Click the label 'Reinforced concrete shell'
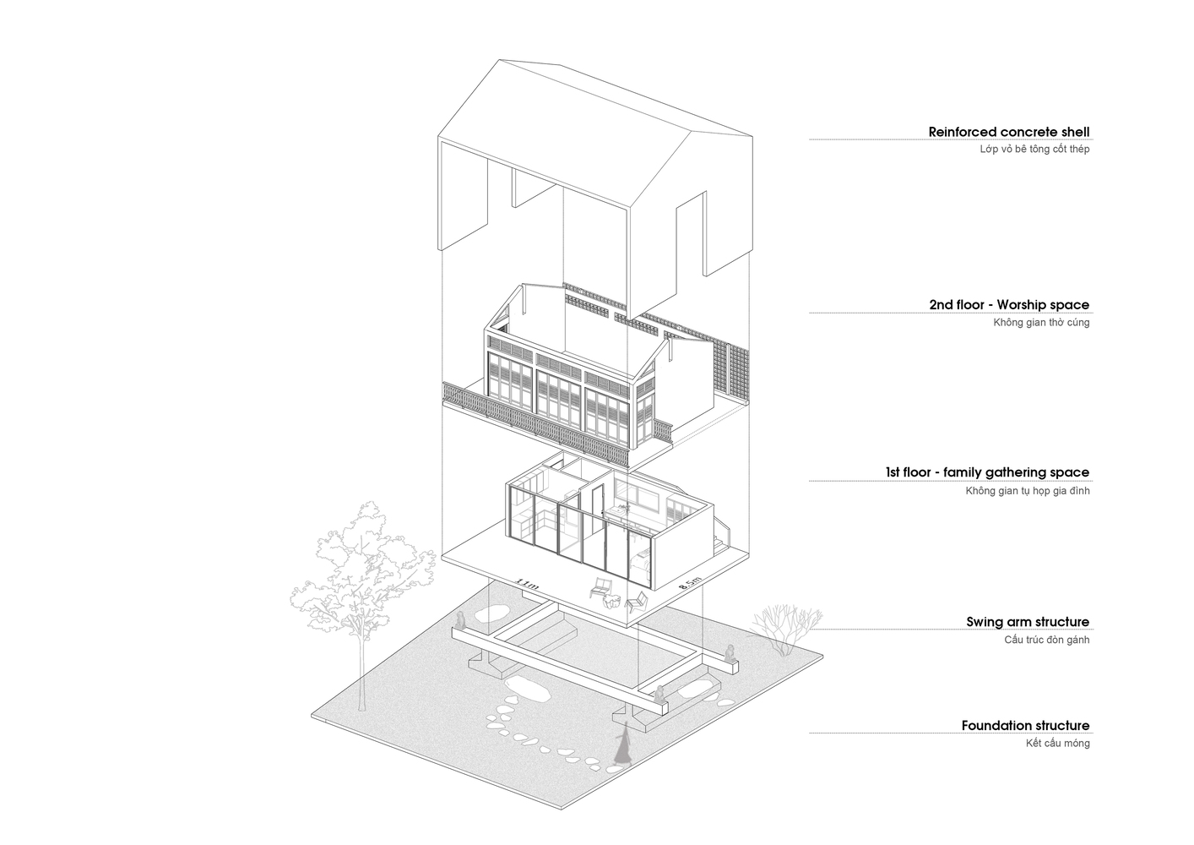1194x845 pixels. click(1008, 132)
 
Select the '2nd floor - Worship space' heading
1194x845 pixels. click(1009, 304)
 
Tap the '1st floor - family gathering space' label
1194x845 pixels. click(988, 472)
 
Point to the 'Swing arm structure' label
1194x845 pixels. click(1028, 621)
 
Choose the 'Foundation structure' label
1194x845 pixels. click(1026, 726)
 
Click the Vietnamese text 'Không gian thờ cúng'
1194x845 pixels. click(1041, 322)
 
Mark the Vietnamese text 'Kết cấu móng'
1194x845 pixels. click(1057, 743)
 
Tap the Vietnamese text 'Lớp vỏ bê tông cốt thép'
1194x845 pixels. click(1034, 149)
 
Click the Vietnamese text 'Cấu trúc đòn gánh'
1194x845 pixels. click(1047, 640)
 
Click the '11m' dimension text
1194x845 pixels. click(527, 584)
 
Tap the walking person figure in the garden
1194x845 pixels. click(622, 744)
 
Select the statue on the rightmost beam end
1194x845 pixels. click(730, 653)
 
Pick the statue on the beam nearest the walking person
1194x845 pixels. click(659, 693)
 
